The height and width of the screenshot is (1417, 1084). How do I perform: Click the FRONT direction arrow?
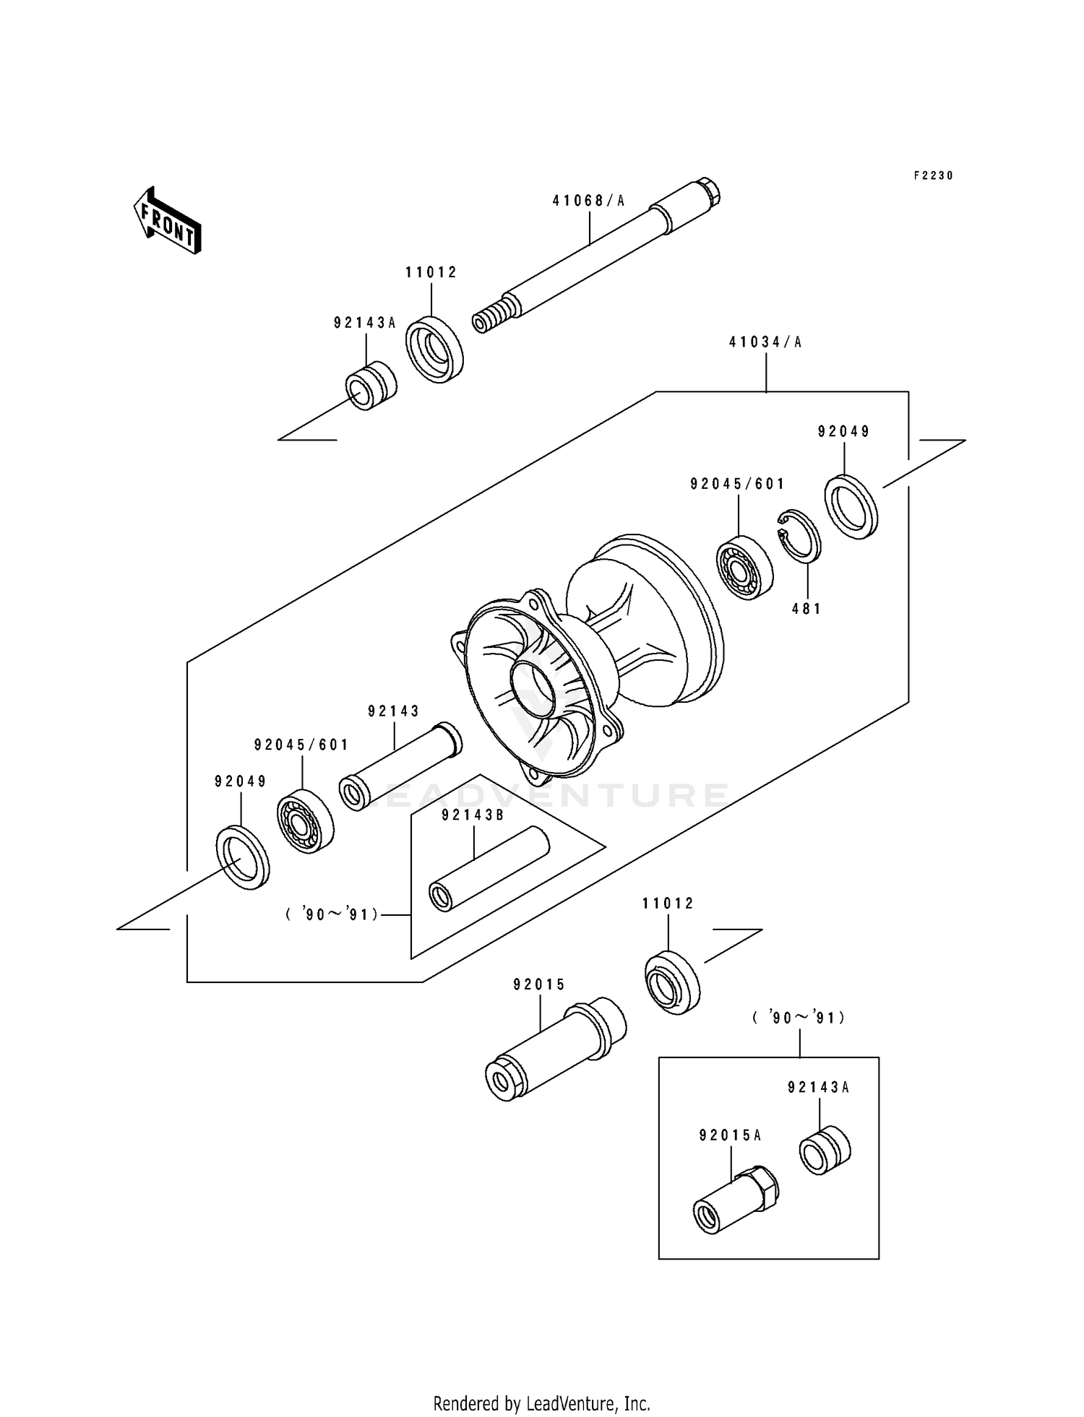tap(167, 221)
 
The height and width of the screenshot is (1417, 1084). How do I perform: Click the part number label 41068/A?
tap(588, 201)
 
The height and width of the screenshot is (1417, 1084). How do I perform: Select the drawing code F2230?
tap(933, 175)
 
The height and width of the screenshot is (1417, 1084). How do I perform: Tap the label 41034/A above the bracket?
tap(765, 342)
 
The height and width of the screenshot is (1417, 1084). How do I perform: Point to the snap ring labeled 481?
tap(800, 535)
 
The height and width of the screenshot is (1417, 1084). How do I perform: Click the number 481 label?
tap(806, 609)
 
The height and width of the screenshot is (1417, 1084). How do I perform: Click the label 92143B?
tap(473, 815)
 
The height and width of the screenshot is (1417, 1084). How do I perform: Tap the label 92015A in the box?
tap(730, 1135)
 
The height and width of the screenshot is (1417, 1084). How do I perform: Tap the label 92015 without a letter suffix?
tap(539, 984)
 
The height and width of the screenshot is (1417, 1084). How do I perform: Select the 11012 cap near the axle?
tap(434, 349)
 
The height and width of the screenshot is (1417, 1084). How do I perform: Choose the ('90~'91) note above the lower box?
tap(799, 1018)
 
